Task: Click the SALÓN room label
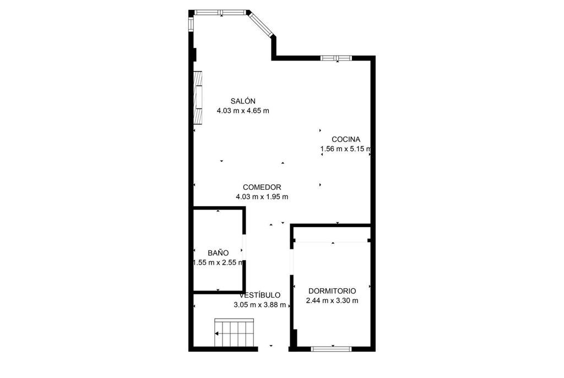[x=243, y=101]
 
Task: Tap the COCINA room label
[x=346, y=139]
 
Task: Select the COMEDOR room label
[x=262, y=187]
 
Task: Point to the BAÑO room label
[x=218, y=253]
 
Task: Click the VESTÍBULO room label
[x=260, y=295]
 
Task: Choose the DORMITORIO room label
[x=332, y=291]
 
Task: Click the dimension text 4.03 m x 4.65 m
[x=243, y=111]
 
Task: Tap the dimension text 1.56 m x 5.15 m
[x=346, y=149]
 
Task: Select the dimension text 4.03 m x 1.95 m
[x=262, y=197]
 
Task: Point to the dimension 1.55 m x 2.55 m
[x=218, y=262]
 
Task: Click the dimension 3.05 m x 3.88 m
[x=260, y=305]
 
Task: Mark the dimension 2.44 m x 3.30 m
[x=332, y=301]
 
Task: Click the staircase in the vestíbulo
[x=235, y=332]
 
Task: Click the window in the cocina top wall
[x=336, y=58]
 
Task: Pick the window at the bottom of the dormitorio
[x=331, y=348]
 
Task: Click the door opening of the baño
[x=244, y=246]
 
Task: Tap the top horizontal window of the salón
[x=220, y=13]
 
